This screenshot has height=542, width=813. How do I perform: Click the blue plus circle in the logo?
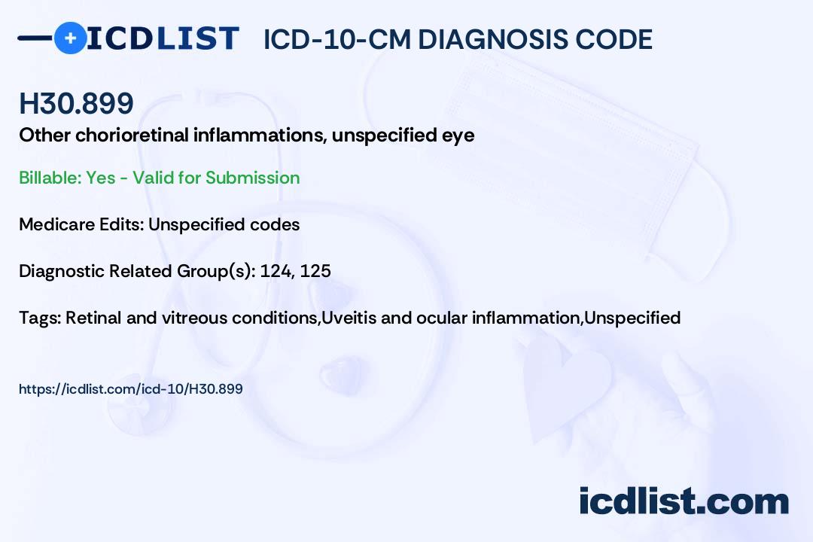coord(70,38)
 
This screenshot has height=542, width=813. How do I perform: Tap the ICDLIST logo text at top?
coord(163,38)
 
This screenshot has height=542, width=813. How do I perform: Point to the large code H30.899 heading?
coord(76,104)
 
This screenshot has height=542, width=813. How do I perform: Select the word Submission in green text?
coord(252,178)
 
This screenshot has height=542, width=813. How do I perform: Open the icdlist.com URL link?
coord(131,389)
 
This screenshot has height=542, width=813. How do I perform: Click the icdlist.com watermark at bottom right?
coord(684,501)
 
